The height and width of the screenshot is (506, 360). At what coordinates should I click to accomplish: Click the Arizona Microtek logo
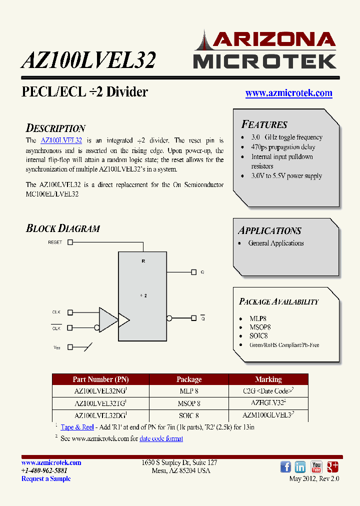click(264, 50)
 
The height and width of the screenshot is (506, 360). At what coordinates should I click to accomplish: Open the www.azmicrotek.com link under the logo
click(288, 93)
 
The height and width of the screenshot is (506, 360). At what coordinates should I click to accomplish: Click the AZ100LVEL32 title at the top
click(88, 60)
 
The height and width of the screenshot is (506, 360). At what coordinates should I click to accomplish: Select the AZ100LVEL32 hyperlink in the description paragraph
click(61, 141)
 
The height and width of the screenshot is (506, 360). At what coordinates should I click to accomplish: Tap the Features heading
click(264, 124)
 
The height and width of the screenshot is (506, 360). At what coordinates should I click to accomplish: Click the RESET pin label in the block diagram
click(55, 242)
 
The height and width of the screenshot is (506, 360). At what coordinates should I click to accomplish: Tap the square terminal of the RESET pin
click(70, 242)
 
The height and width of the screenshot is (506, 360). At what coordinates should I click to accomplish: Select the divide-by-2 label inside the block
click(143, 296)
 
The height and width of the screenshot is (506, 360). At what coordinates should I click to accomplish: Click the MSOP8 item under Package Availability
click(260, 327)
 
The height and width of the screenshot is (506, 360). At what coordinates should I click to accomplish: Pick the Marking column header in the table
click(268, 379)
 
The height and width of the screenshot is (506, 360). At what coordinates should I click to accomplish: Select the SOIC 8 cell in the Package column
click(189, 415)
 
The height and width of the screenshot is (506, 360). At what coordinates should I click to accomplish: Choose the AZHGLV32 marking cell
click(268, 403)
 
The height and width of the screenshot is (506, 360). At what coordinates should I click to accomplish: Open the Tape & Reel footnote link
click(77, 427)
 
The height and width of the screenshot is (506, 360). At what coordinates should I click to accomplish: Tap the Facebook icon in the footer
click(285, 467)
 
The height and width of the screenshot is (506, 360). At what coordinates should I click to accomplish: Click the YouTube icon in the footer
click(316, 467)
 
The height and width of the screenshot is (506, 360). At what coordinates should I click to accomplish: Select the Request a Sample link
click(46, 478)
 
